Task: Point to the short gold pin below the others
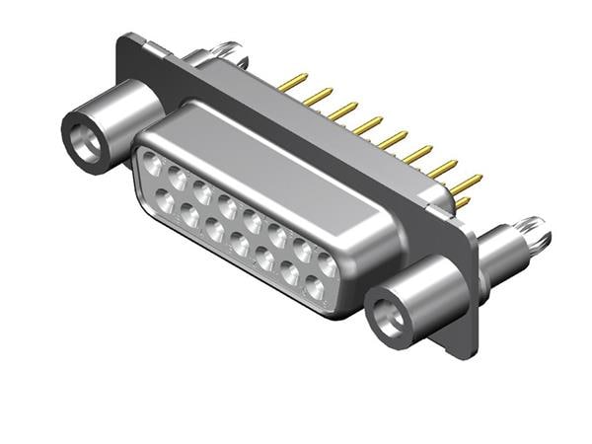tap(462, 202)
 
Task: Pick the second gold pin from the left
tap(318, 96)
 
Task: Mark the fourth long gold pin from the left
tap(368, 125)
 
